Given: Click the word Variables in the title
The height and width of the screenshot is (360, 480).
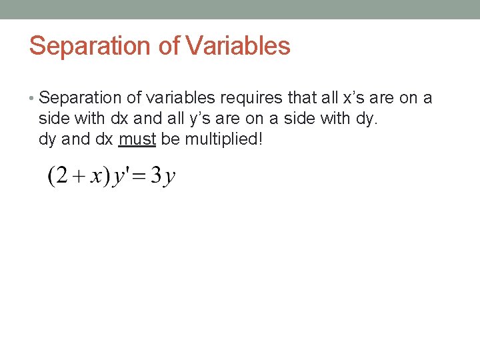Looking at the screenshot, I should [238, 46].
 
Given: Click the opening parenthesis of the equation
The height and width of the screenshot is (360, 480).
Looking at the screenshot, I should [51, 177].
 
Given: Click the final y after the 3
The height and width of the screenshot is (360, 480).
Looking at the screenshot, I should [169, 179].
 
